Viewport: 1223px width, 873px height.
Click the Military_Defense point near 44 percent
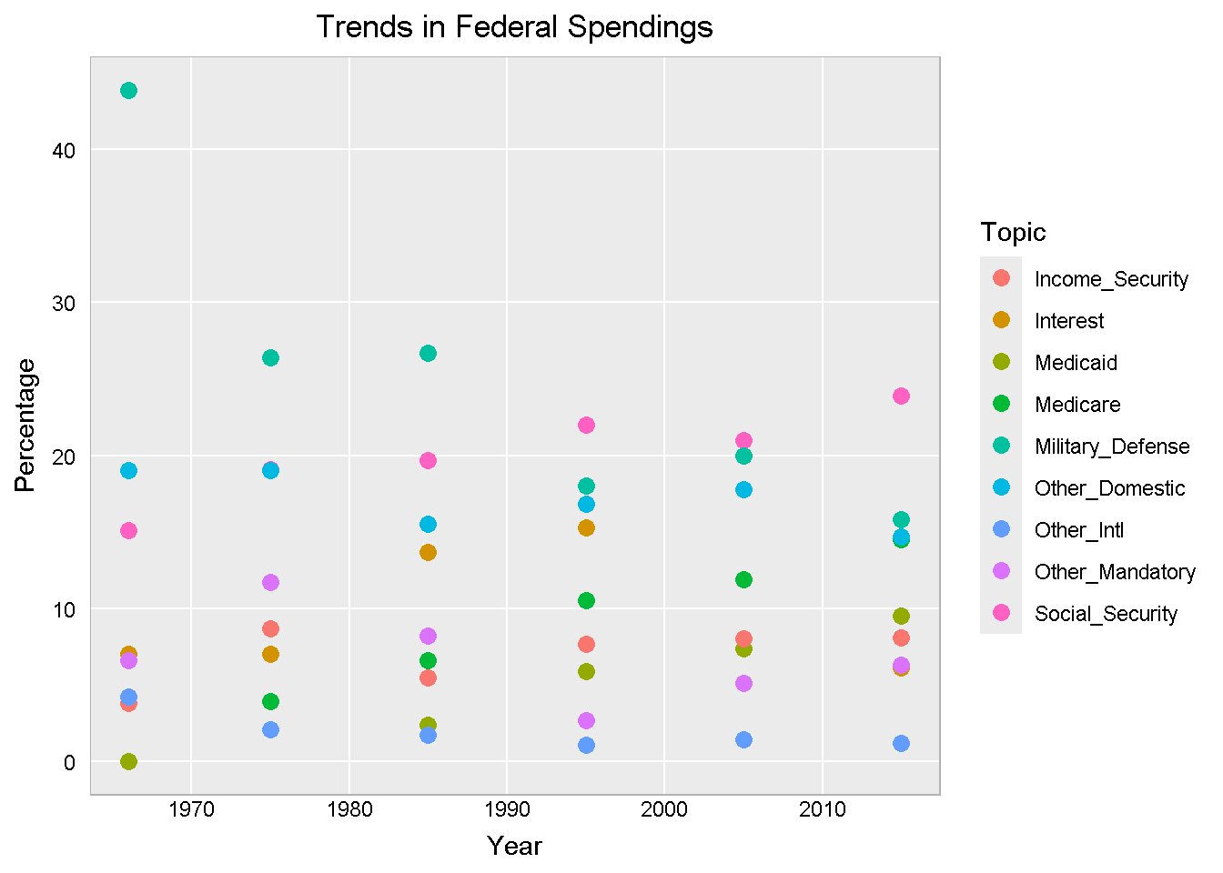click(x=128, y=90)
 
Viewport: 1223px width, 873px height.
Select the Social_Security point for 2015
click(x=901, y=396)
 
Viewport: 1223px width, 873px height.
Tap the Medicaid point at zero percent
click(x=128, y=761)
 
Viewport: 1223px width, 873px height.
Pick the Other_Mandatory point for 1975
click(x=270, y=582)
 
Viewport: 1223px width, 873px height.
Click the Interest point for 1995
click(x=586, y=527)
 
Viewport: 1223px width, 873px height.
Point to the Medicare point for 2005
click(x=743, y=579)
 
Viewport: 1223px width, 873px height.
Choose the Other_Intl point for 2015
click(x=901, y=743)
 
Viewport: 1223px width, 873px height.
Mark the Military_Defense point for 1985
click(x=428, y=353)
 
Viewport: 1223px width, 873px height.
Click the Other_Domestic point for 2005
click(x=743, y=489)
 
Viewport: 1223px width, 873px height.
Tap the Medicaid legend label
click(x=1076, y=363)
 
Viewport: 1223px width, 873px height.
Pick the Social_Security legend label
click(x=1106, y=614)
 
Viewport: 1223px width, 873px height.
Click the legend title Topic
click(x=1013, y=232)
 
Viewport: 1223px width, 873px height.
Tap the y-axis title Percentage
click(x=25, y=425)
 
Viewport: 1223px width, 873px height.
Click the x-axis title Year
click(x=514, y=846)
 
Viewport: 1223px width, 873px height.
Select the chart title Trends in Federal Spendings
click(x=514, y=27)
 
